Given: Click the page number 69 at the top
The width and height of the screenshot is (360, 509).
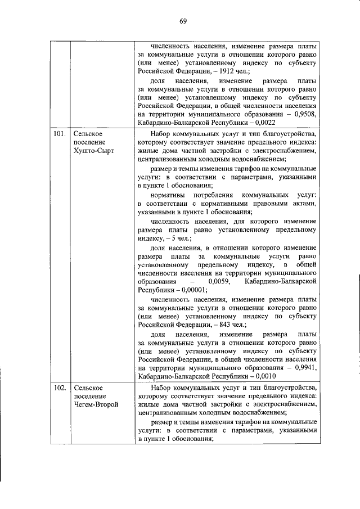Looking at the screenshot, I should click(x=183, y=21).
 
